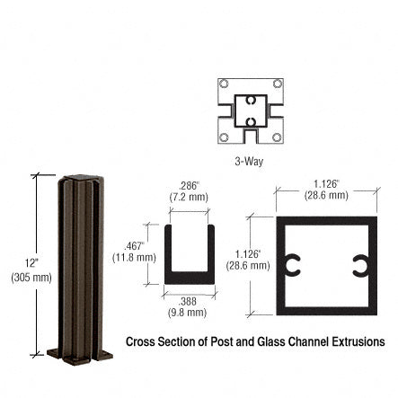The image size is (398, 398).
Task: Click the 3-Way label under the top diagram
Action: point(249,162)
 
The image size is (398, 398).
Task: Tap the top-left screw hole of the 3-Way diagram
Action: point(223,84)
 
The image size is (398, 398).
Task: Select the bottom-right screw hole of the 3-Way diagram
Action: point(278,137)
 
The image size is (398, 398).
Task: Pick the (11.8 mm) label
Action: point(133,257)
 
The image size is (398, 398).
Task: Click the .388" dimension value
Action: point(188,301)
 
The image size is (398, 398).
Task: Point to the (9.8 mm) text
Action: point(188,313)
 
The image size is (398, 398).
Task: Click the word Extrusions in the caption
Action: point(358,341)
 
